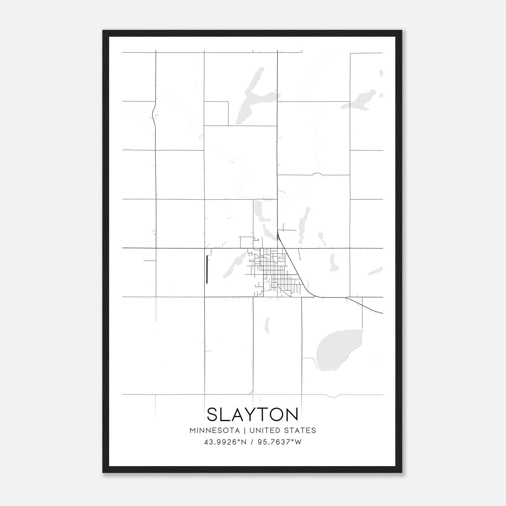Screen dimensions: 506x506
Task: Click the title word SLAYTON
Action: coord(253,414)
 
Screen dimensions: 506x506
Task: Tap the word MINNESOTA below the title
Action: coord(214,430)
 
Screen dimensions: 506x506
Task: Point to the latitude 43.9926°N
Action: coord(225,442)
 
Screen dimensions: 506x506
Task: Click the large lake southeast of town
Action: coord(335,348)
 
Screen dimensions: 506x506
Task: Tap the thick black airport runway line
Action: coord(207,269)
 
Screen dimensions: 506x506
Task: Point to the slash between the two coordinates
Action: coord(252,442)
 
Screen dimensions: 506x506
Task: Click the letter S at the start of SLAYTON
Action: coord(213,414)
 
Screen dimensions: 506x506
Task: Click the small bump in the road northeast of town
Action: coord(317,174)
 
